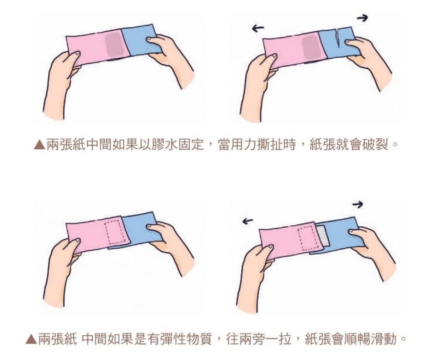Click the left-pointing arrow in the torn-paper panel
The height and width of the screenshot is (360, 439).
point(258,28)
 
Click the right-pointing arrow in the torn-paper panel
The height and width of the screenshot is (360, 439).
point(362,18)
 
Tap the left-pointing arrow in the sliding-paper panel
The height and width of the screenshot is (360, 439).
point(247,221)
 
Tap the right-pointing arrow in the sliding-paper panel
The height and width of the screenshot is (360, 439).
point(358,205)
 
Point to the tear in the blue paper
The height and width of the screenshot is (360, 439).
point(339,38)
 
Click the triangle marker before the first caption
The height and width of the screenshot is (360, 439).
point(40,145)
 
